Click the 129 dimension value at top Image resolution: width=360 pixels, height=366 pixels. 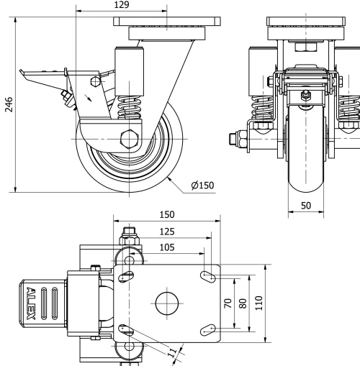[122, 6]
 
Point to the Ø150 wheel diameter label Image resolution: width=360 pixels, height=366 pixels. [202, 186]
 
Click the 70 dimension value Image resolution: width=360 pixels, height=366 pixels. [228, 302]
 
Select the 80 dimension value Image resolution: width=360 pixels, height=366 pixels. [243, 302]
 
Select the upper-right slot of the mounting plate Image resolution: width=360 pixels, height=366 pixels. [210, 275]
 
